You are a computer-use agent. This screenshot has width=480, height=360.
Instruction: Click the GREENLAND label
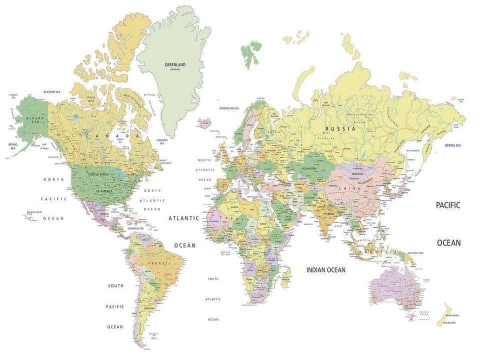[x=175, y=64]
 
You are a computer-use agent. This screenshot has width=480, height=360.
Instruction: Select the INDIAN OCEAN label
[x=325, y=270]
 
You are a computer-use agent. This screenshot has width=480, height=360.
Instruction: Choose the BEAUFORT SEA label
[x=52, y=92]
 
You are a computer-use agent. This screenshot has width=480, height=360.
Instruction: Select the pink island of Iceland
[x=204, y=122]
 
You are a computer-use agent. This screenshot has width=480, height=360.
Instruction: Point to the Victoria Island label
[x=91, y=98]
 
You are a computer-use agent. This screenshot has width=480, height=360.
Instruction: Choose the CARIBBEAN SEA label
[x=136, y=228]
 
